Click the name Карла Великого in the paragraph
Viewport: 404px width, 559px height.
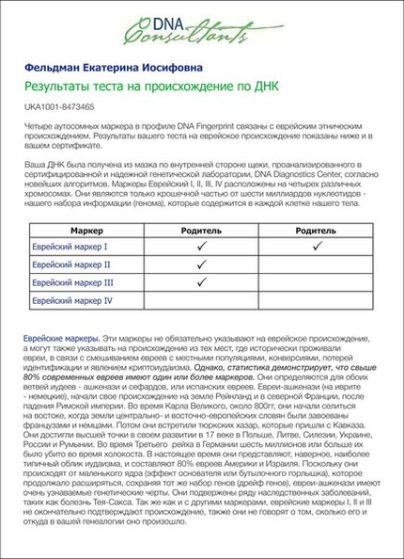point(131,407)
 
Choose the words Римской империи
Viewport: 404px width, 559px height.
point(89,407)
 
